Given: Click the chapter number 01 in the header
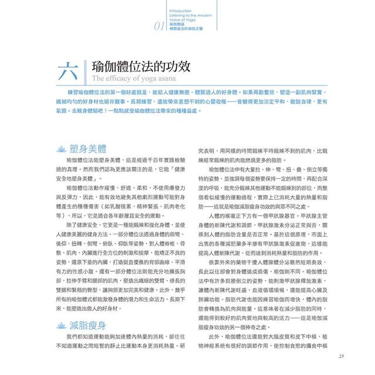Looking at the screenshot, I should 160,26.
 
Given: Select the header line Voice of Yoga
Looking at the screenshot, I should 182,21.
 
